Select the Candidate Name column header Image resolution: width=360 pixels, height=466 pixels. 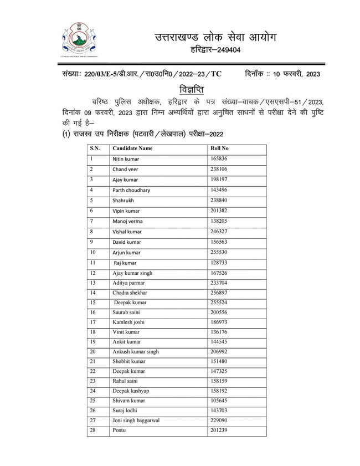133,149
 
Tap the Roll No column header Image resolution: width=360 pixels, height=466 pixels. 220,149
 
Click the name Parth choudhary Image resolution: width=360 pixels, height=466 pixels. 132,190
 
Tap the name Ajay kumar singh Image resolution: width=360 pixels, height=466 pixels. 132,273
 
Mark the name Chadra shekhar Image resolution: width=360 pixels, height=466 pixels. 131,293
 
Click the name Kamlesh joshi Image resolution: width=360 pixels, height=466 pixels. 130,324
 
